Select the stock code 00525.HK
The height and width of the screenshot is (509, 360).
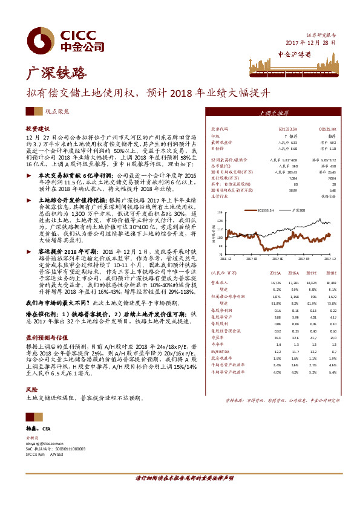click(327, 129)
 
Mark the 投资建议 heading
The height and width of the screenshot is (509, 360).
click(36, 129)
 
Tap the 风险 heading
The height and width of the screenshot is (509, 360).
click(30, 391)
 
